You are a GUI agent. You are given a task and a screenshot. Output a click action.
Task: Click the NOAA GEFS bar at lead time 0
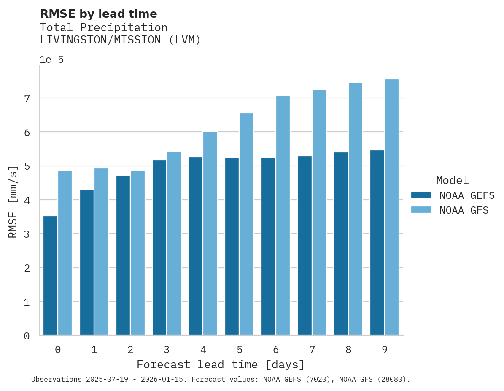(x=50, y=276)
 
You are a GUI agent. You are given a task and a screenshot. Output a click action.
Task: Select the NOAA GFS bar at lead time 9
(x=392, y=207)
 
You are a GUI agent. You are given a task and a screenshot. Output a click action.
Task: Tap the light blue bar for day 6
(x=283, y=216)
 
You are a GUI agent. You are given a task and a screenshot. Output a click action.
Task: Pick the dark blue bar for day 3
(x=159, y=248)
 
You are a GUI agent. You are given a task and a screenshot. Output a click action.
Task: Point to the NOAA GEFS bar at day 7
(x=305, y=246)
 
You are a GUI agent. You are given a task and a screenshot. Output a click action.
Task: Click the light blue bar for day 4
(x=210, y=234)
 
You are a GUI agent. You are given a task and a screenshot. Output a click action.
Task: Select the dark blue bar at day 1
(x=86, y=262)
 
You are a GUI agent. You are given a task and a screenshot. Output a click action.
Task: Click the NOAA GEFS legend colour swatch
(x=421, y=195)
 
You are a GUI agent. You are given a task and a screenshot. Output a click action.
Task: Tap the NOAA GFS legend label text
(x=464, y=210)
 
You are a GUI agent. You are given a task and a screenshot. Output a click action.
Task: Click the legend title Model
(x=452, y=180)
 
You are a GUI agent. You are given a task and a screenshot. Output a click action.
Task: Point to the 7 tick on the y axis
(x=27, y=98)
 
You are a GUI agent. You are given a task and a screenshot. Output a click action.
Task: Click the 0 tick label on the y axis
(x=27, y=336)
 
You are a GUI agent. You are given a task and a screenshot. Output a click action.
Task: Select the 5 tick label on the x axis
(x=239, y=350)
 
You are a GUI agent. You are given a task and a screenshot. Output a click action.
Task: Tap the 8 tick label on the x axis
(x=348, y=350)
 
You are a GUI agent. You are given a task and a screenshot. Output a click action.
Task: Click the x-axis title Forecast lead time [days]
(x=220, y=364)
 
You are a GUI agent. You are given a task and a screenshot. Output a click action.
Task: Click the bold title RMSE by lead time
(x=98, y=14)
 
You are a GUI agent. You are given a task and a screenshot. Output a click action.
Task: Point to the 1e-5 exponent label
(x=51, y=60)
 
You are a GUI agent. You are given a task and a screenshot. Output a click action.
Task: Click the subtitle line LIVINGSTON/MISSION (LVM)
(x=120, y=40)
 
